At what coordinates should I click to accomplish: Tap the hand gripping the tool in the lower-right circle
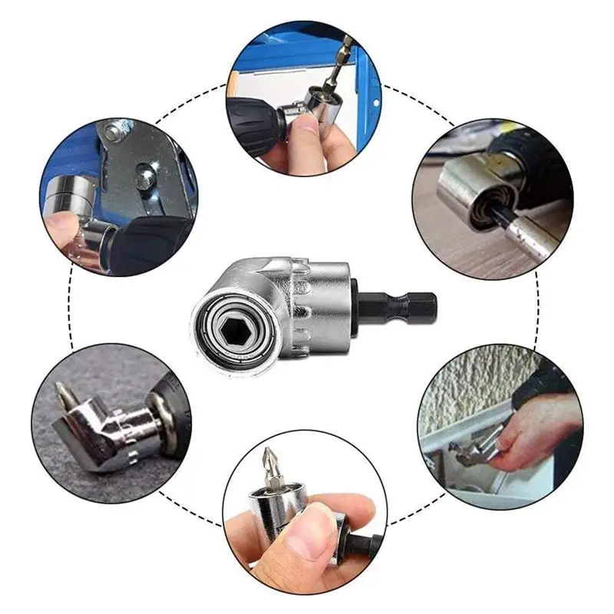coord(530,430)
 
